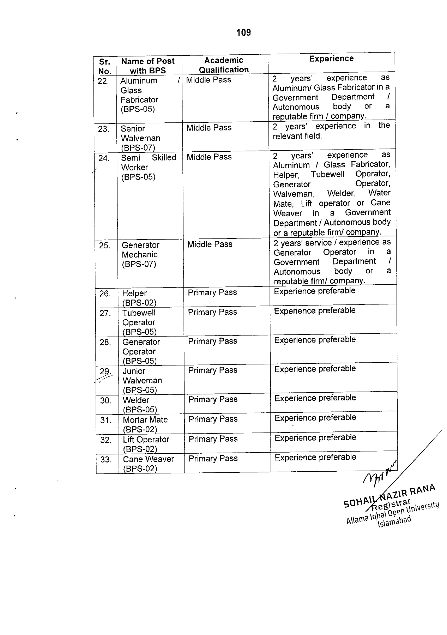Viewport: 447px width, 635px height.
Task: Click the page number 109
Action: [243, 33]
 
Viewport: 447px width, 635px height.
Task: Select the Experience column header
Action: [331, 59]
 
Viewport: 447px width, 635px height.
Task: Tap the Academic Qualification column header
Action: [224, 65]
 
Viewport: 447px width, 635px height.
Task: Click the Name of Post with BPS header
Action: [148, 66]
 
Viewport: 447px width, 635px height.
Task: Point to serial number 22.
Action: [103, 81]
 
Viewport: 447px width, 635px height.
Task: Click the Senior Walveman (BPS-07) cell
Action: [140, 138]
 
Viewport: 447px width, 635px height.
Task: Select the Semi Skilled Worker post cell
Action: [149, 167]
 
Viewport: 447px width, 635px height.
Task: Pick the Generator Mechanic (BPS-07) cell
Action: [140, 254]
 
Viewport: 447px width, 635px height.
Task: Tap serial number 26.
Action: [105, 294]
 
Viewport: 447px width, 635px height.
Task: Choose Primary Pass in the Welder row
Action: [213, 399]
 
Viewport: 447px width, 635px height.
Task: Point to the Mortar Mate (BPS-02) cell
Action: [145, 424]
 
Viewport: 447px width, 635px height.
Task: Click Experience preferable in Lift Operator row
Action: [315, 438]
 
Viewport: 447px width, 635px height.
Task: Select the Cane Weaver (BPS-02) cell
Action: [148, 464]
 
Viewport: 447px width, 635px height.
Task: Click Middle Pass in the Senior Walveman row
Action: [209, 128]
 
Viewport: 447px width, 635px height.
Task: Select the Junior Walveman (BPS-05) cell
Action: [142, 380]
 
